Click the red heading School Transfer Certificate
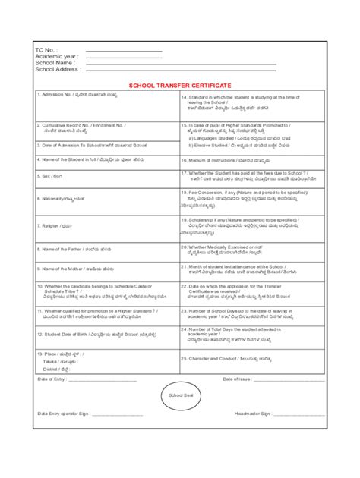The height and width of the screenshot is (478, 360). pos(179,86)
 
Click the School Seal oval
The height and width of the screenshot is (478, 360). pos(179,395)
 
